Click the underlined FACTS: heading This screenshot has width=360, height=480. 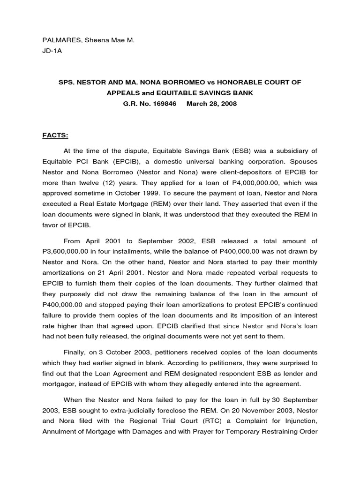[x=55, y=135]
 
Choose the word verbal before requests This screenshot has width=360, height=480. [x=249, y=272]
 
